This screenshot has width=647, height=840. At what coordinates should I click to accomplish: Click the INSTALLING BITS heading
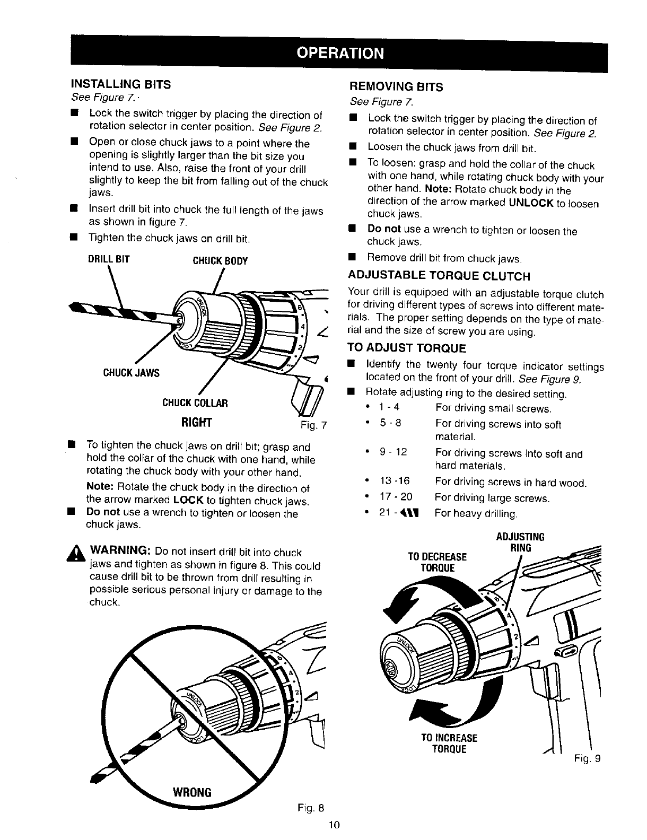121,84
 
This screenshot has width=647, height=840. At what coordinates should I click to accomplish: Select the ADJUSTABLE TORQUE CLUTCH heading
439,276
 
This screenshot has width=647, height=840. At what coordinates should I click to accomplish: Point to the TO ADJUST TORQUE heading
406,348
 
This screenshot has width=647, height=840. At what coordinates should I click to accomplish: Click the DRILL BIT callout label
109,260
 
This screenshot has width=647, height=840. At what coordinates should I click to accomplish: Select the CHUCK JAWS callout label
131,372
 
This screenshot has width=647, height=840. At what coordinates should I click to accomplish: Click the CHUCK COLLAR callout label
195,403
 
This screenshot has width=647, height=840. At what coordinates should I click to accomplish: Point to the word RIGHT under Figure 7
196,422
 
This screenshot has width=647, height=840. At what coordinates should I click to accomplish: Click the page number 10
334,825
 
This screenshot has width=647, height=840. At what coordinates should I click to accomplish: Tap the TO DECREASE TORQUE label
437,563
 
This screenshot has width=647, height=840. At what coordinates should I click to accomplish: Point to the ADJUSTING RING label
520,542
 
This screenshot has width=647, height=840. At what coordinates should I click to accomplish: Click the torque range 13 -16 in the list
395,482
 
